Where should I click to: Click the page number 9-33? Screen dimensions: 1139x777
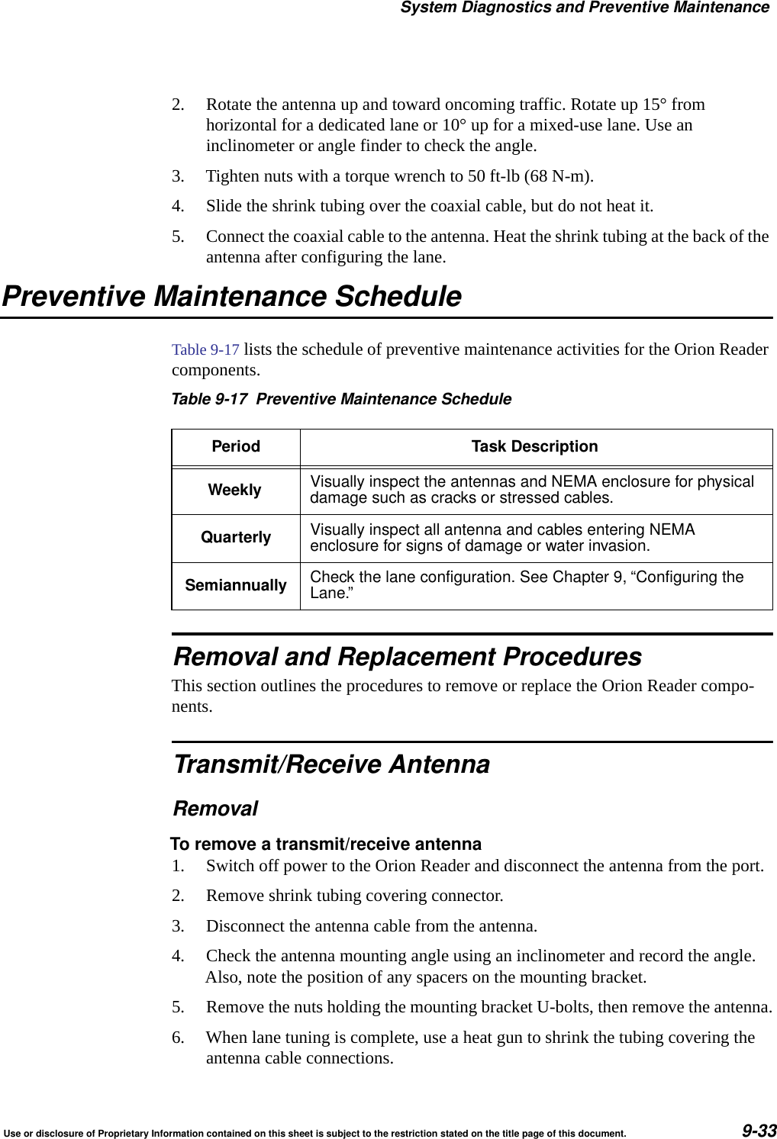pos(758,1130)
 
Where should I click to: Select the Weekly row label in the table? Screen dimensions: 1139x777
pos(235,491)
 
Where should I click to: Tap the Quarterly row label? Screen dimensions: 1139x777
pos(236,538)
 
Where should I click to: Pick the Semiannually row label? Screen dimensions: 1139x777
pos(236,585)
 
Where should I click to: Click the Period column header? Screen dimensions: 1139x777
pos(236,446)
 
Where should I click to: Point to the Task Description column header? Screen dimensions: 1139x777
pos(534,446)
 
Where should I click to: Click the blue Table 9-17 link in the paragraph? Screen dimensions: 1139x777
pos(205,349)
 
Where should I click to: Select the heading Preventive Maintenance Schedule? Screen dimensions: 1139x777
pos(232,296)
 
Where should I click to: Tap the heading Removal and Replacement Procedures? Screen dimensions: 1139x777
pos(408,656)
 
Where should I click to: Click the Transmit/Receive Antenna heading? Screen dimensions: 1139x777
pos(332,764)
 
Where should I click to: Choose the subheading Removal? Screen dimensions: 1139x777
pos(216,808)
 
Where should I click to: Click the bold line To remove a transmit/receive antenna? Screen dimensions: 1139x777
pos(326,844)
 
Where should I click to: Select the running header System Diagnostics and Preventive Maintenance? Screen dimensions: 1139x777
pos(585,8)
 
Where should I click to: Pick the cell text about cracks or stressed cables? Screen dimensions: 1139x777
pos(531,490)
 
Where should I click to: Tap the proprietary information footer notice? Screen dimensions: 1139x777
pos(315,1134)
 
